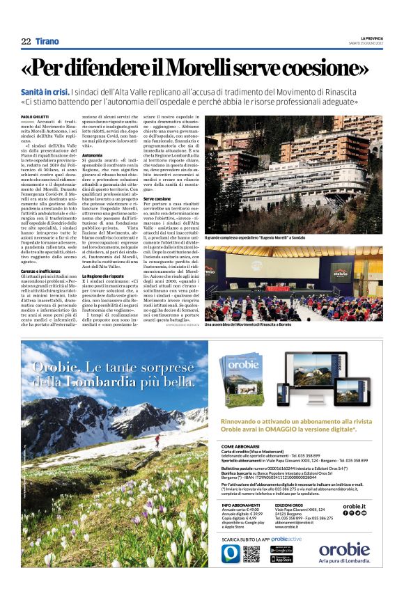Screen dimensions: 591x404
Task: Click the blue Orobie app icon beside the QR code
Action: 231,553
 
